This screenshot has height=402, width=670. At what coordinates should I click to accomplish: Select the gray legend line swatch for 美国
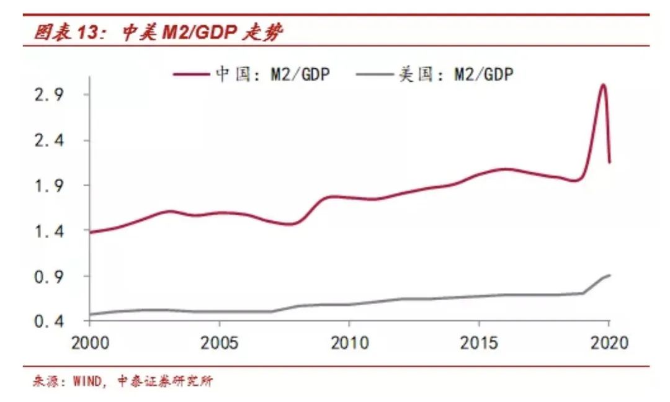pyautogui.click(x=375, y=74)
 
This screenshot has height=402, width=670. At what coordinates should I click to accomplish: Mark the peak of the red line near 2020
pyautogui.click(x=602, y=84)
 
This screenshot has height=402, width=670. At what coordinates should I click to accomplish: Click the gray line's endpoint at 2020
pyautogui.click(x=609, y=275)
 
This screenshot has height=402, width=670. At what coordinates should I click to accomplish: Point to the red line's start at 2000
pyautogui.click(x=91, y=232)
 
